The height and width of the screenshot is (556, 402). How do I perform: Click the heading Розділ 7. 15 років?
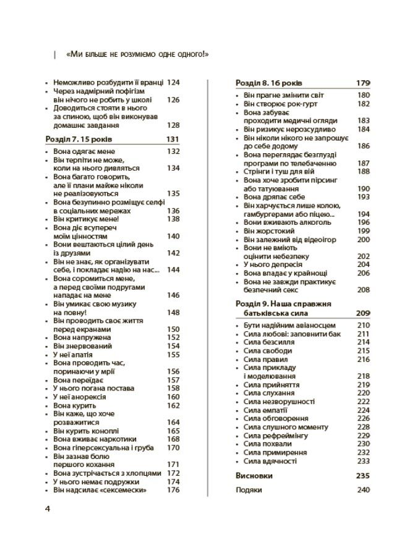(83, 139)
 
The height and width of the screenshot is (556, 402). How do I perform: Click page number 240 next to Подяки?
(363, 490)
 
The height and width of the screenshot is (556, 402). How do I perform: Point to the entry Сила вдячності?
(270, 461)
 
